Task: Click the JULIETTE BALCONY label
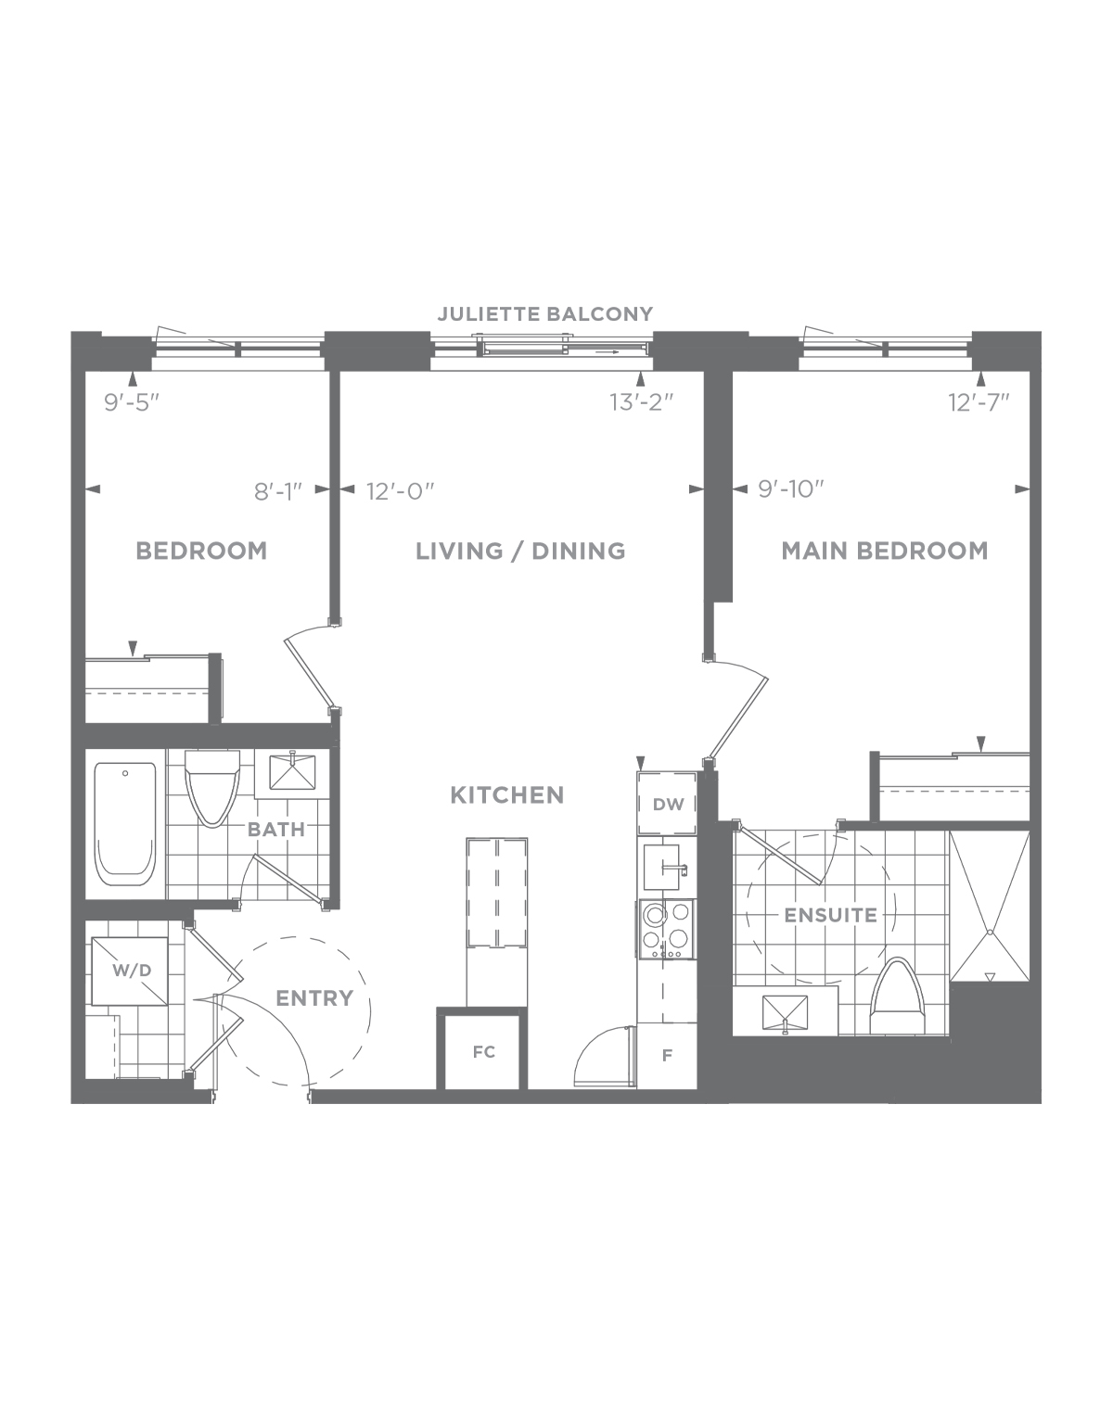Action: tap(545, 314)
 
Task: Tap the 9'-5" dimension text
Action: tap(133, 402)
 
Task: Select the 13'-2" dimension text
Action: tap(642, 402)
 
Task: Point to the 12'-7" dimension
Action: tap(979, 402)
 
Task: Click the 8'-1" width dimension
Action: tap(278, 491)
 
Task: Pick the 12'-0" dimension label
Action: tap(401, 490)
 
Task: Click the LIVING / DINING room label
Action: tap(521, 552)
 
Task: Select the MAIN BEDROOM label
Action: tap(885, 551)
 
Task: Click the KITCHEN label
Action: tap(507, 794)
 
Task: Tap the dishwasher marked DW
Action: tap(667, 804)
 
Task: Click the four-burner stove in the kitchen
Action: tap(667, 930)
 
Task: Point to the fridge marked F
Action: tap(667, 1056)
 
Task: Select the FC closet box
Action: tap(482, 1053)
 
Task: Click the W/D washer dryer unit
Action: tap(130, 971)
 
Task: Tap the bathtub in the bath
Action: tap(126, 824)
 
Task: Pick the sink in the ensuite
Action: tap(785, 1013)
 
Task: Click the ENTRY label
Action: tap(314, 998)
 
